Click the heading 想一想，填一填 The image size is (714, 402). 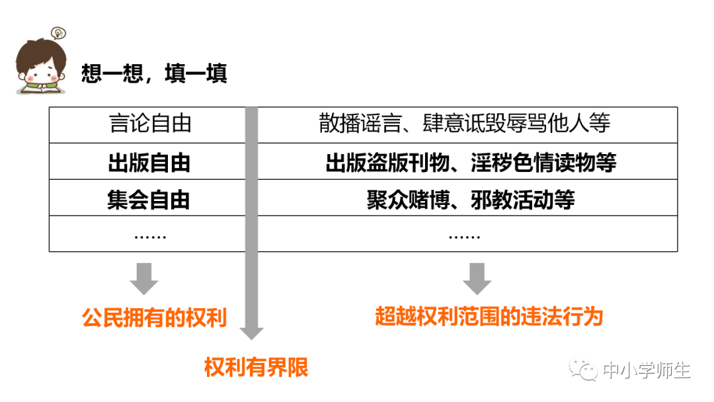click(x=154, y=73)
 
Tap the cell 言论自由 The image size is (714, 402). click(x=150, y=125)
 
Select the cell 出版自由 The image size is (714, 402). click(x=149, y=163)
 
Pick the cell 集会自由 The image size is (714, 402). click(x=149, y=199)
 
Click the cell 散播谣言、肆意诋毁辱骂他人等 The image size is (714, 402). click(x=464, y=125)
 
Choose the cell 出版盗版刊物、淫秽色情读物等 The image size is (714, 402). click(x=471, y=163)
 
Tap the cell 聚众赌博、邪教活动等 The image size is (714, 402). click(x=471, y=199)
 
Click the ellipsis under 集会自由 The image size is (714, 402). click(x=150, y=235)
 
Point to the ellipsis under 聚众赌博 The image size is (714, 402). click(x=464, y=235)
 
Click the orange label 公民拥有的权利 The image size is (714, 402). click(x=154, y=318)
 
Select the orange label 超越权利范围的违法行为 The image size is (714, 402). click(x=489, y=317)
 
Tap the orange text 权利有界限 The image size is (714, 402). click(x=257, y=368)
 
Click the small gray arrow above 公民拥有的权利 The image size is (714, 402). click(x=144, y=278)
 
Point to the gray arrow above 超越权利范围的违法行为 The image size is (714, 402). click(x=477, y=278)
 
